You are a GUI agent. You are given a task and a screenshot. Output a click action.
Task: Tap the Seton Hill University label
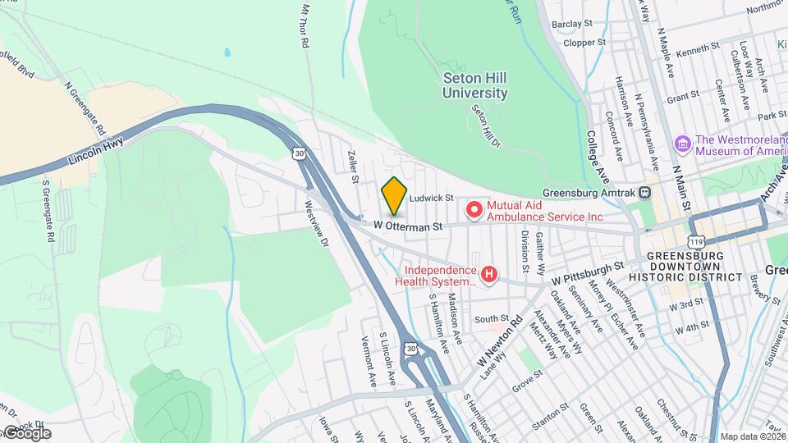(x=475, y=85)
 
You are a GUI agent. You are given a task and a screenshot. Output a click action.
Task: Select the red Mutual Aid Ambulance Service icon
(x=474, y=211)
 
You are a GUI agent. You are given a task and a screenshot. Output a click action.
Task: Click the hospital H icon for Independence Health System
(x=489, y=274)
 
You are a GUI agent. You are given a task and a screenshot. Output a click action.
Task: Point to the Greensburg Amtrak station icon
(x=646, y=194)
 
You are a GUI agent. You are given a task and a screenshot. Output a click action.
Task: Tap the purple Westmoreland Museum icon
(x=682, y=144)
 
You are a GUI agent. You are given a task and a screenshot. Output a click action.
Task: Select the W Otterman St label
(x=408, y=224)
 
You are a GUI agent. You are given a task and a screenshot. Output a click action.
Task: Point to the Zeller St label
(x=354, y=166)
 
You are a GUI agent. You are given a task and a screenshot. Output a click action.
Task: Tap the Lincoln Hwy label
(x=94, y=148)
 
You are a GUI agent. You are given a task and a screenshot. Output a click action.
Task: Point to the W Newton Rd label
(x=500, y=345)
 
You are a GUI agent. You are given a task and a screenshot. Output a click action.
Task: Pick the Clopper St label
(x=584, y=42)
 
